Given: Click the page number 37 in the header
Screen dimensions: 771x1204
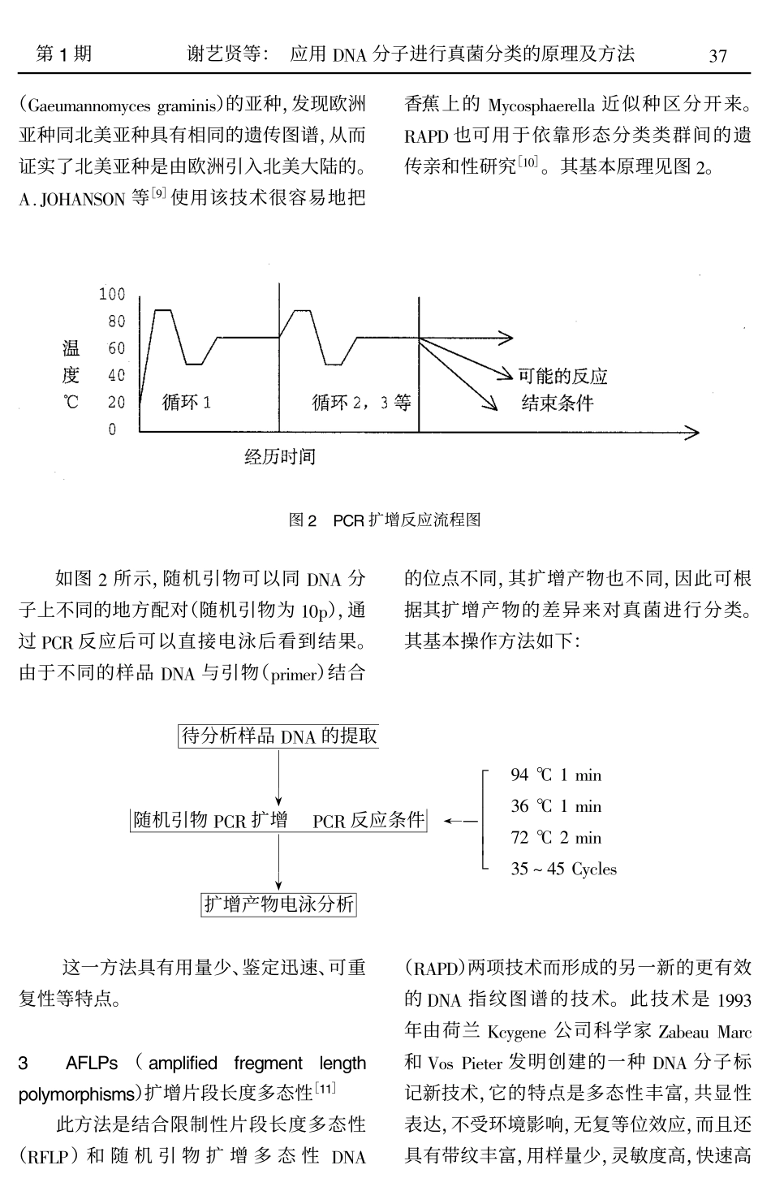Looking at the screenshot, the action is coord(717,56).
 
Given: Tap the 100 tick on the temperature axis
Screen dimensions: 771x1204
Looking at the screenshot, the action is coord(112,294).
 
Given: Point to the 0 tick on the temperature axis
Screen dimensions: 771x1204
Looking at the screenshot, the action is coord(114,429).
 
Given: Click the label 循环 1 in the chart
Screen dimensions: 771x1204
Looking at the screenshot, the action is coord(187,402).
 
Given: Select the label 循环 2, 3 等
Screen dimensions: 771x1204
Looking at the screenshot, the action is coord(362,402).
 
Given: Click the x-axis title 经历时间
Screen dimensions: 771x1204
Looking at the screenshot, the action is coord(280,457).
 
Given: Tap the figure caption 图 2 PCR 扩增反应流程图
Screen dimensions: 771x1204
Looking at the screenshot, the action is coord(385,520).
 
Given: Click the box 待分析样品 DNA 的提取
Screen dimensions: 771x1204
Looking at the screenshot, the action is coord(278,736).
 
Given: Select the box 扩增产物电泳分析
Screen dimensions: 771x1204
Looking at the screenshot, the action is coord(278,904).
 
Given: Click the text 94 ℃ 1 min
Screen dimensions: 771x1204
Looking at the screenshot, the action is coord(556,775).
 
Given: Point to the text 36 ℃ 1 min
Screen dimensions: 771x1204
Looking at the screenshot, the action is coord(556,806).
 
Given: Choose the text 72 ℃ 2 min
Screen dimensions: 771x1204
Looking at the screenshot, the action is coord(556,838).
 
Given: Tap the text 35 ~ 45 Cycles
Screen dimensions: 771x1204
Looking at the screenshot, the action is coord(563,870).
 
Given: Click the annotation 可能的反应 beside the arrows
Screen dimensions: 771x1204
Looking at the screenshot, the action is coord(562,376).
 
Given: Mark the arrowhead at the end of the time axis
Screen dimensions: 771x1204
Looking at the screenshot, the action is coord(692,433).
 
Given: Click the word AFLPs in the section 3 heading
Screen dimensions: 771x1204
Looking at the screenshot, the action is coord(92,1063).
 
